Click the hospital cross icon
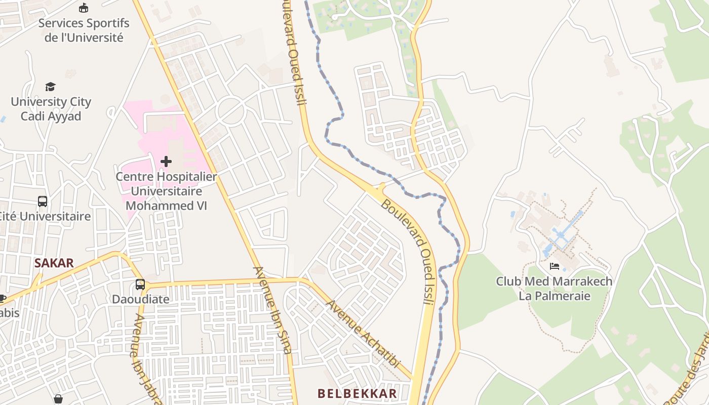click(x=166, y=161)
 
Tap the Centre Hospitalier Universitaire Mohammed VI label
click(x=166, y=191)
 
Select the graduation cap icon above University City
click(x=50, y=87)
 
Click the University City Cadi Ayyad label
click(x=51, y=109)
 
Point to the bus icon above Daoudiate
click(x=140, y=285)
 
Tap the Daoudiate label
click(x=140, y=299)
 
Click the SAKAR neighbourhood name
click(x=54, y=263)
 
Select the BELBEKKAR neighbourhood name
click(x=357, y=393)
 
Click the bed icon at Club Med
click(x=555, y=266)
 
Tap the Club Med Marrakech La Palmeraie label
click(x=554, y=289)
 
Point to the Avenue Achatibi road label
click(x=363, y=334)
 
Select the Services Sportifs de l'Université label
click(x=84, y=30)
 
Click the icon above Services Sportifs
click(x=84, y=8)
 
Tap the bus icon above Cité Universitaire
click(x=43, y=201)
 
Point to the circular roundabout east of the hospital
click(x=231, y=111)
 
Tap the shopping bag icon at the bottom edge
click(x=58, y=399)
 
